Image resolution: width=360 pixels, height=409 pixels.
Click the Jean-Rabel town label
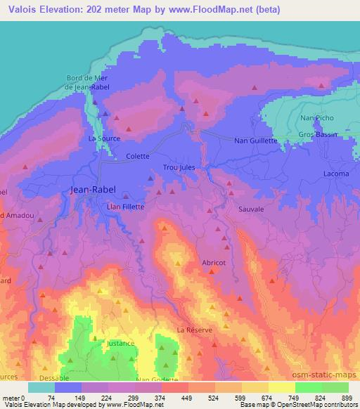point(94,190)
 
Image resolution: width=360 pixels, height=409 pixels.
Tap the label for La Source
point(103,139)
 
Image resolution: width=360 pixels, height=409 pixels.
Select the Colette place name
point(138,157)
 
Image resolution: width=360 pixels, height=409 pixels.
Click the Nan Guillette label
point(256,141)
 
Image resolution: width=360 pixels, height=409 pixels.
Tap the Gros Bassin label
point(318,134)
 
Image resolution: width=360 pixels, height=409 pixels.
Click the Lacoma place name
point(335,174)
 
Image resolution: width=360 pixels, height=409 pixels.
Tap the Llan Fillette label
point(124,207)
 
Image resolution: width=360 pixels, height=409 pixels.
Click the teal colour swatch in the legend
point(41,387)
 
